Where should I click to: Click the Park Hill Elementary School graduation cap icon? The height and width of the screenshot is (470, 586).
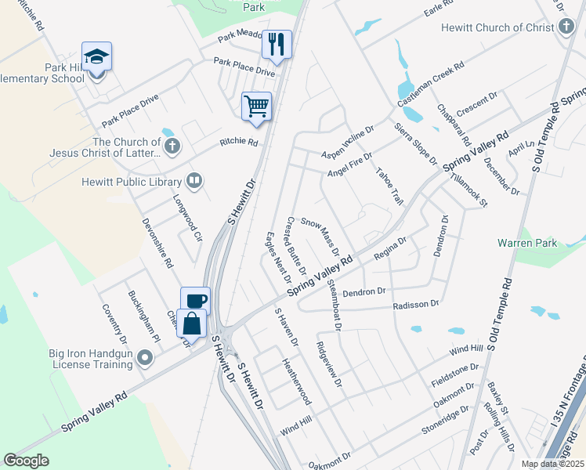[x=96, y=57]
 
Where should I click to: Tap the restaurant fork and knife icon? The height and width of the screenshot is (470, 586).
[x=276, y=44]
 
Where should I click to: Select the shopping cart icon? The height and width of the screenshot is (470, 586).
[x=257, y=106]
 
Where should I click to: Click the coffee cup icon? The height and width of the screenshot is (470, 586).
[x=196, y=301]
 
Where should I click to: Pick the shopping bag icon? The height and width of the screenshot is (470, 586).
[x=192, y=323]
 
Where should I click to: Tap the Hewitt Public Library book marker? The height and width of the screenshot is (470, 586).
[x=194, y=181]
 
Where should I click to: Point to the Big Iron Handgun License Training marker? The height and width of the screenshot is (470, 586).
[x=145, y=358]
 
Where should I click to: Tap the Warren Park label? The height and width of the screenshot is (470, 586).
[x=527, y=243]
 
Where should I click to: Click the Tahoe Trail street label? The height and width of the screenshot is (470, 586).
[x=389, y=186]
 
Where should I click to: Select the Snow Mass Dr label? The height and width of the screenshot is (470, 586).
[x=320, y=236]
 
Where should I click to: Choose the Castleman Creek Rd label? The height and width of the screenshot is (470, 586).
[x=431, y=85]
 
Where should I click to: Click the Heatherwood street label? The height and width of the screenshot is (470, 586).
[x=296, y=382]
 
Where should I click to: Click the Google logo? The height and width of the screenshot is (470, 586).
[x=27, y=461]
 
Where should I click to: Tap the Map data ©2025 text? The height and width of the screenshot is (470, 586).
[x=552, y=464]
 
